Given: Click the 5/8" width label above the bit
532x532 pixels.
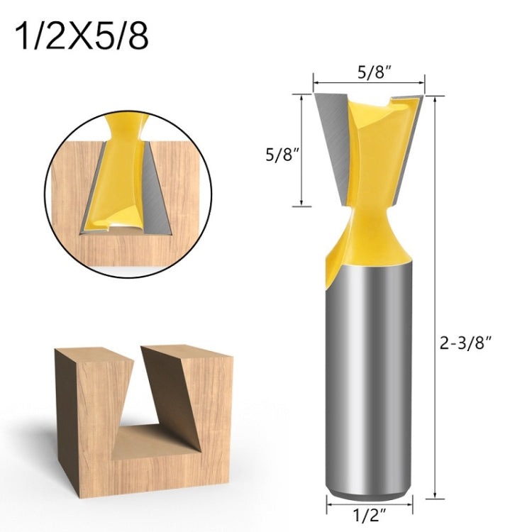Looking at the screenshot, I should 369,72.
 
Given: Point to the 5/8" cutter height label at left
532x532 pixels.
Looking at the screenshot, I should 279,155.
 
